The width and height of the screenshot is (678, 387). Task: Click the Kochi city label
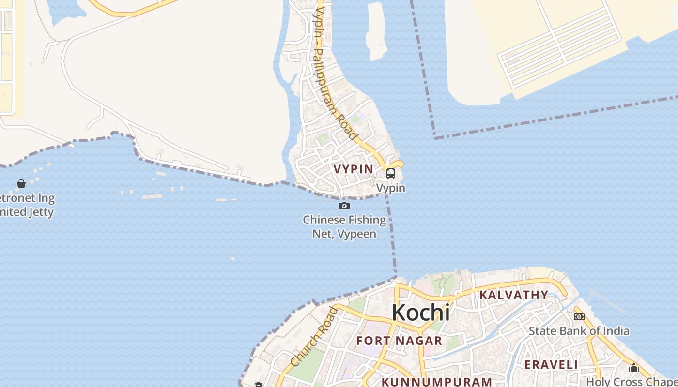[x=420, y=313]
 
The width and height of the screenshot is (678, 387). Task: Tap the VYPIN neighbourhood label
[x=354, y=169]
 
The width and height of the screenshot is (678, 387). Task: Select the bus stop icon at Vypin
[x=390, y=173]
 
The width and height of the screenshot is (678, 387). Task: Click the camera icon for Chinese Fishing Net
[x=344, y=206]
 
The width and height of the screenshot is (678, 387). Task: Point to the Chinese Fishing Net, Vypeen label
[x=344, y=227]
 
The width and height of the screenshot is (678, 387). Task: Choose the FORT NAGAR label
[x=399, y=341]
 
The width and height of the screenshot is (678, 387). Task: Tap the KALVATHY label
[x=514, y=295]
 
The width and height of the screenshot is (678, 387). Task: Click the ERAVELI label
[x=552, y=364]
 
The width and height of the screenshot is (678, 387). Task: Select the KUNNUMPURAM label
[x=437, y=382]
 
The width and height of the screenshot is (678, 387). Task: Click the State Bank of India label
[x=579, y=331]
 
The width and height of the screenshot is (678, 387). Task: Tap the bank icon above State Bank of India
[x=579, y=317]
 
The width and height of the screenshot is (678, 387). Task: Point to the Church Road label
[x=314, y=337]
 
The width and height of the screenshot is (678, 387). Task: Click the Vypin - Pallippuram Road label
[x=334, y=73]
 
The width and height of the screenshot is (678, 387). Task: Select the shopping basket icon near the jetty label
[x=21, y=184]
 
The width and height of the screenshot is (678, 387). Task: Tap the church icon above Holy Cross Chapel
[x=634, y=368]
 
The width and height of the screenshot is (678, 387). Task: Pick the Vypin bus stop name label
[x=391, y=188]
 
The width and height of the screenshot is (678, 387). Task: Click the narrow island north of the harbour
[x=376, y=31]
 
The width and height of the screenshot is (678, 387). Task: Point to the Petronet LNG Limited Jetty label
[x=27, y=205]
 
